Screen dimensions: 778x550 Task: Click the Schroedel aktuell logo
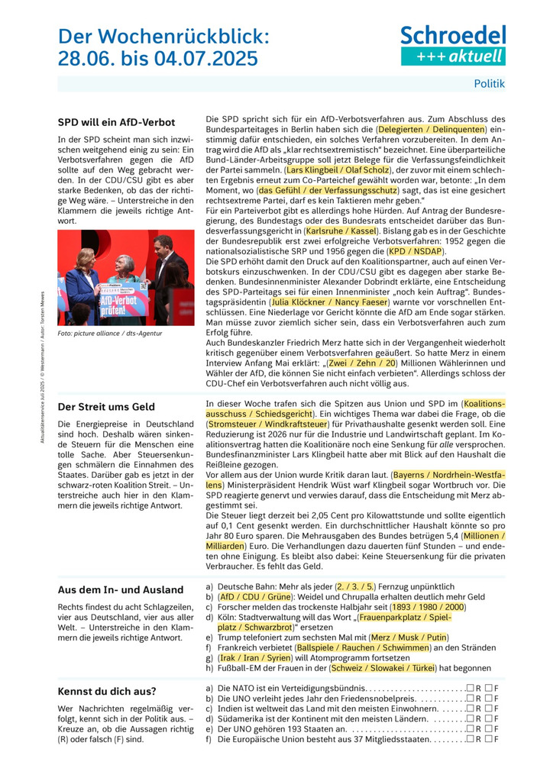pyautogui.click(x=453, y=45)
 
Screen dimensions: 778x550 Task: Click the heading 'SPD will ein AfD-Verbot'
pyautogui.click(x=116, y=122)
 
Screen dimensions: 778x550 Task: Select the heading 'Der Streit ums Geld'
pyautogui.click(x=106, y=407)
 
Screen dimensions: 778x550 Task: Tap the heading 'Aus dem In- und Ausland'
pyautogui.click(x=121, y=589)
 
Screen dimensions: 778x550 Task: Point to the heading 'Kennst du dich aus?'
pyautogui.click(x=107, y=692)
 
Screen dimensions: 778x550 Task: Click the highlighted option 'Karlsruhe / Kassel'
pyautogui.click(x=341, y=228)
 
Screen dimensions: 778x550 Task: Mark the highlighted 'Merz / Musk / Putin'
pyautogui.click(x=409, y=637)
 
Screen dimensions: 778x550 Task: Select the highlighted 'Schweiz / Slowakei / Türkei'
pyautogui.click(x=383, y=667)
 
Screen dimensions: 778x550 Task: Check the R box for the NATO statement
pyautogui.click(x=470, y=688)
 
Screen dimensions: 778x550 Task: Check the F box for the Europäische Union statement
pyautogui.click(x=489, y=739)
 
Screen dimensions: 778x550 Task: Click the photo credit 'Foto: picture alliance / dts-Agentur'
pyautogui.click(x=109, y=334)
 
